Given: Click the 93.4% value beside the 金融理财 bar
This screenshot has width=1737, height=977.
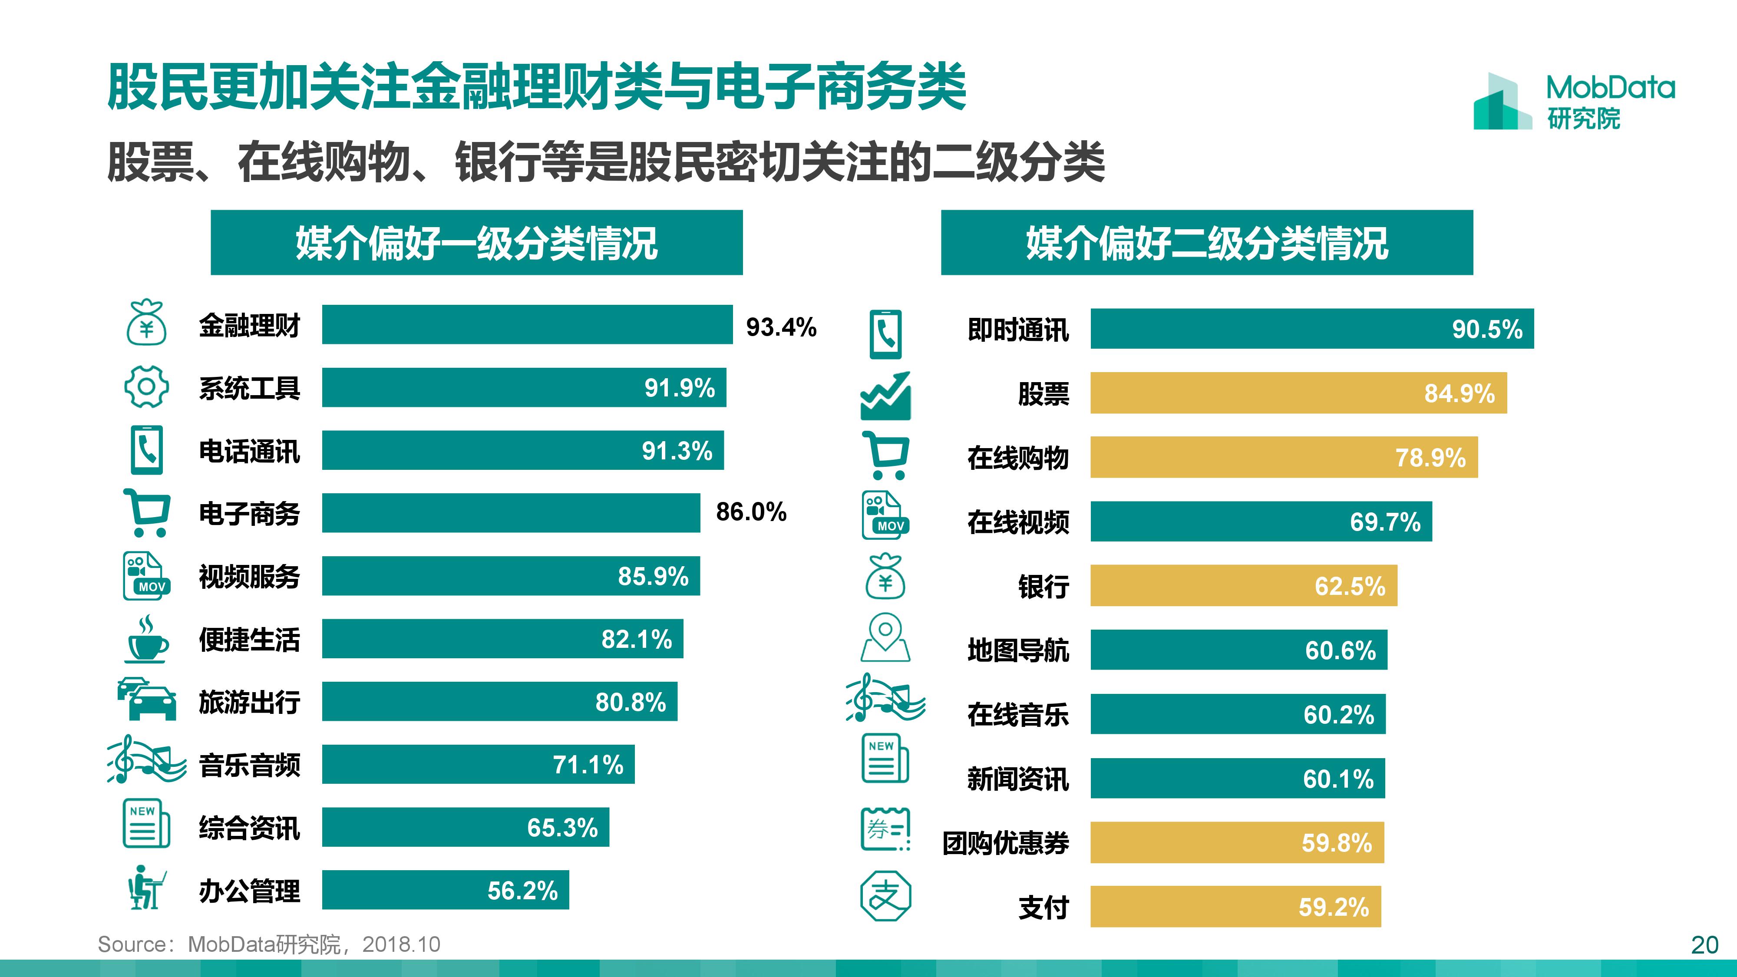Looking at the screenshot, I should click(781, 327).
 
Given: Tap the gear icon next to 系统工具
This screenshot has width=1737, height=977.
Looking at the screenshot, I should click(146, 387).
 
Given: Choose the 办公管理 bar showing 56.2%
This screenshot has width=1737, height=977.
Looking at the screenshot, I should click(445, 890).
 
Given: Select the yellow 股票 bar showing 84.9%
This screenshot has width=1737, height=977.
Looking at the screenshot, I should click(1298, 393).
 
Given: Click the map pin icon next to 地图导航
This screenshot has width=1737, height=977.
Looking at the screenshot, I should click(885, 637).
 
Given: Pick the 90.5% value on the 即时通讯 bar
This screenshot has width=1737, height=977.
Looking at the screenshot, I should click(1487, 329).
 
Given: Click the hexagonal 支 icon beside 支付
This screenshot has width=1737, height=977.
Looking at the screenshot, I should click(885, 896).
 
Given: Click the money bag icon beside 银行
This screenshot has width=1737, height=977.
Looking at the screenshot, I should click(885, 577).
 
